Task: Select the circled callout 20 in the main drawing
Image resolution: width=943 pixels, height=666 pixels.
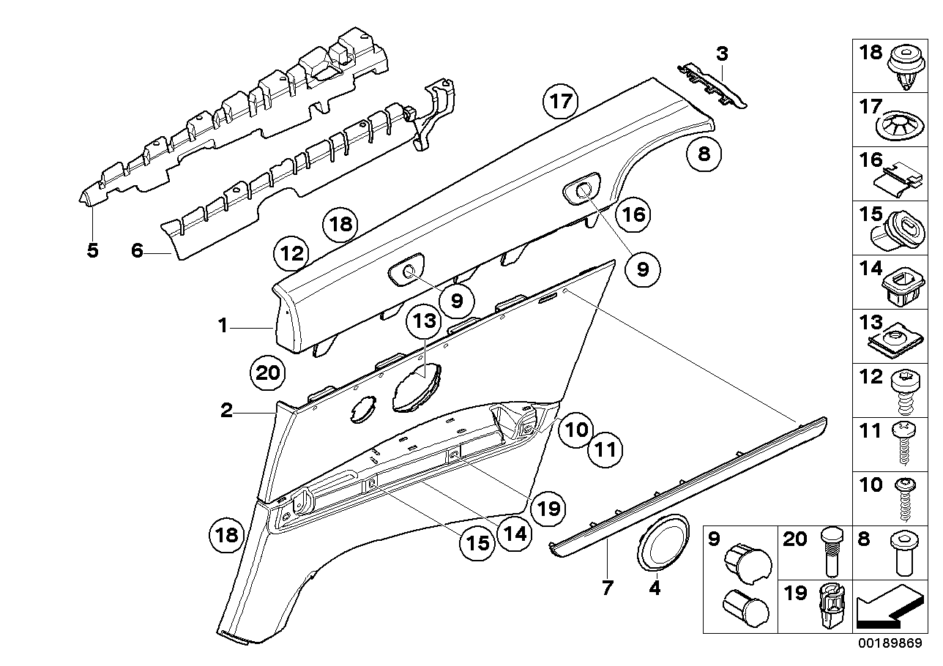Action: pyautogui.click(x=269, y=373)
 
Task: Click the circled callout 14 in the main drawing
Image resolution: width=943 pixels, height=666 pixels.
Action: pyautogui.click(x=515, y=534)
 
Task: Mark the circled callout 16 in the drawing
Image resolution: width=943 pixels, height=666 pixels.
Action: pyautogui.click(x=634, y=214)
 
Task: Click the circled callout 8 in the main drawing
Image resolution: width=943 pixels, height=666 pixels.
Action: pyautogui.click(x=704, y=154)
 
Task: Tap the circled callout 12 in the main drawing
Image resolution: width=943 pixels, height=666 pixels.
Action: pyautogui.click(x=292, y=254)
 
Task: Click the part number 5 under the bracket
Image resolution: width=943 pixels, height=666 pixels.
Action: pyautogui.click(x=92, y=250)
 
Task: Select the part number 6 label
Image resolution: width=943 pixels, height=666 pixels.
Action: pyautogui.click(x=136, y=250)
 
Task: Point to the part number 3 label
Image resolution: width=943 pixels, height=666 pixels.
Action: pyautogui.click(x=722, y=53)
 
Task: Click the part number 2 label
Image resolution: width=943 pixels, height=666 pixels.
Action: pyautogui.click(x=226, y=411)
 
